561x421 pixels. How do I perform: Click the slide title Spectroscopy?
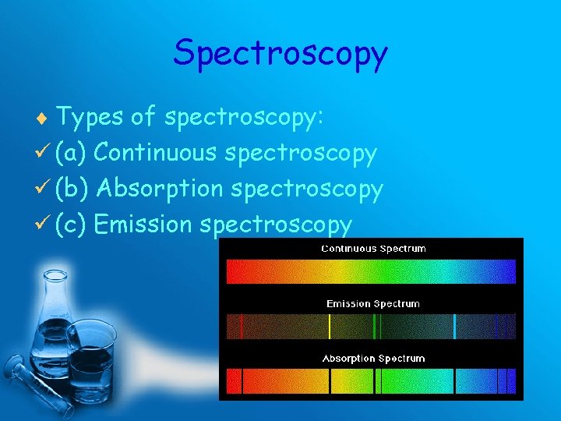coord(280,53)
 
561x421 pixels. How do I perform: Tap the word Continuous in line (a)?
coord(155,153)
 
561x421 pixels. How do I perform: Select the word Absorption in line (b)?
coord(162,189)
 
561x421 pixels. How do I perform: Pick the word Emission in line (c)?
coord(143,225)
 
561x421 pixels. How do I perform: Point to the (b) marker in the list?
coord(71,189)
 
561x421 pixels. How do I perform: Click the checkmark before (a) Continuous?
coord(44,153)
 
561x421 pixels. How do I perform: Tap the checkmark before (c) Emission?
coord(44,225)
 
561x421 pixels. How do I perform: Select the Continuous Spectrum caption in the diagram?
coord(374,249)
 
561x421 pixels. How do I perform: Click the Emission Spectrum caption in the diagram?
coord(373,303)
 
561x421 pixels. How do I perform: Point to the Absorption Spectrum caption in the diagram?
coord(374,359)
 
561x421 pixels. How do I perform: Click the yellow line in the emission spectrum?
coord(330,326)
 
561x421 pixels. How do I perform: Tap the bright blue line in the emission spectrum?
coord(455,326)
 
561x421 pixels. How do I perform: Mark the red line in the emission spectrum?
coord(241,326)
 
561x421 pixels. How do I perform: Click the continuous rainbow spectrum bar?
coord(371,271)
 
